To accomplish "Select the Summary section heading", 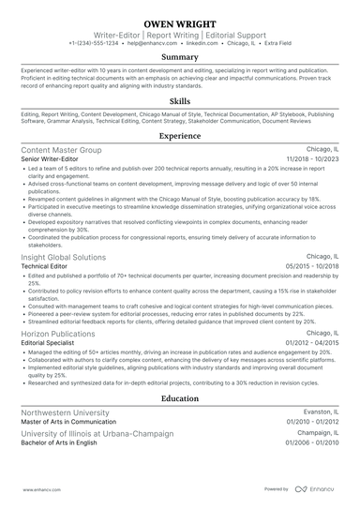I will coord(179,57).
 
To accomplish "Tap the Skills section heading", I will coord(179,99).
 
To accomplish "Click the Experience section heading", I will coord(179,136).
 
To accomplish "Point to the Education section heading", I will coord(179,397).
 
